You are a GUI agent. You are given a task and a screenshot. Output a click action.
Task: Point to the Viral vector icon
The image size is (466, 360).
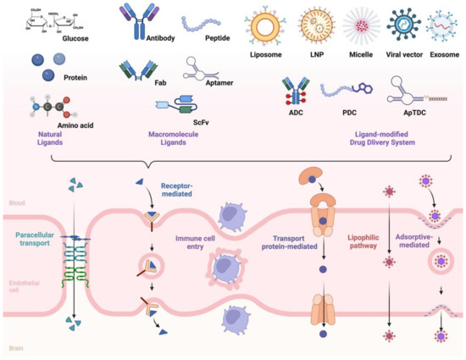[x=402, y=25]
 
